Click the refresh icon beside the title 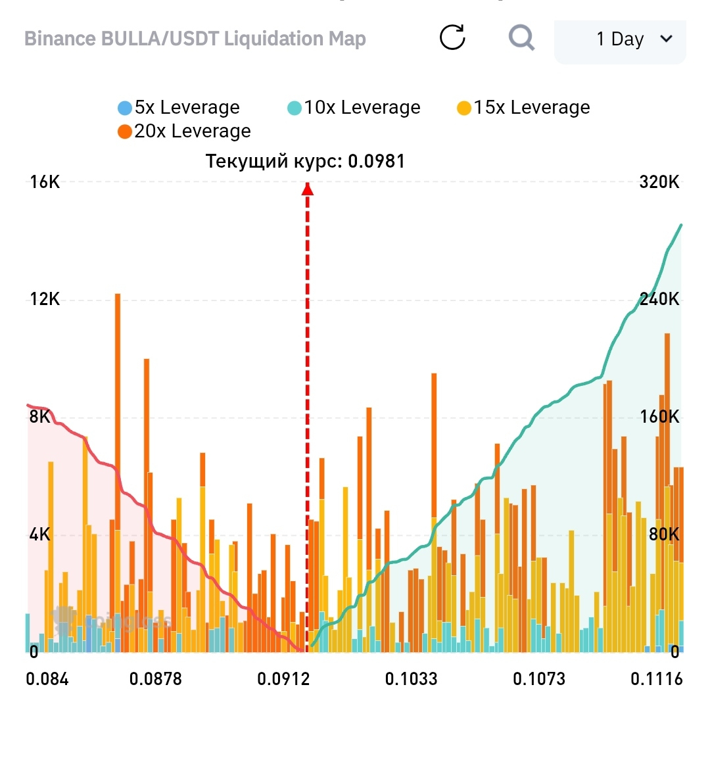click(x=452, y=37)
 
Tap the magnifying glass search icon click(x=521, y=37)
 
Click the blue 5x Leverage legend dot click(x=125, y=108)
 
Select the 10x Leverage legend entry click(x=354, y=108)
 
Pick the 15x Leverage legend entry click(x=523, y=108)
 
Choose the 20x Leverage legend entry click(x=184, y=131)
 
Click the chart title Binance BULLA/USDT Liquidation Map click(x=195, y=39)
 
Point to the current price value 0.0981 click(x=377, y=161)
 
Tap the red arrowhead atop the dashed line click(x=307, y=189)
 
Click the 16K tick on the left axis click(x=45, y=182)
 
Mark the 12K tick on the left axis click(x=45, y=299)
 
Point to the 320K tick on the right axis click(x=659, y=182)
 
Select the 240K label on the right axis click(x=659, y=299)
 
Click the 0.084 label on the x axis click(x=47, y=679)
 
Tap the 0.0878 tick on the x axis click(x=155, y=679)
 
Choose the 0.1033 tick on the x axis click(x=411, y=679)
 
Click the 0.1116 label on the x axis click(x=656, y=679)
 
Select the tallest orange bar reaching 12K click(x=118, y=473)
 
